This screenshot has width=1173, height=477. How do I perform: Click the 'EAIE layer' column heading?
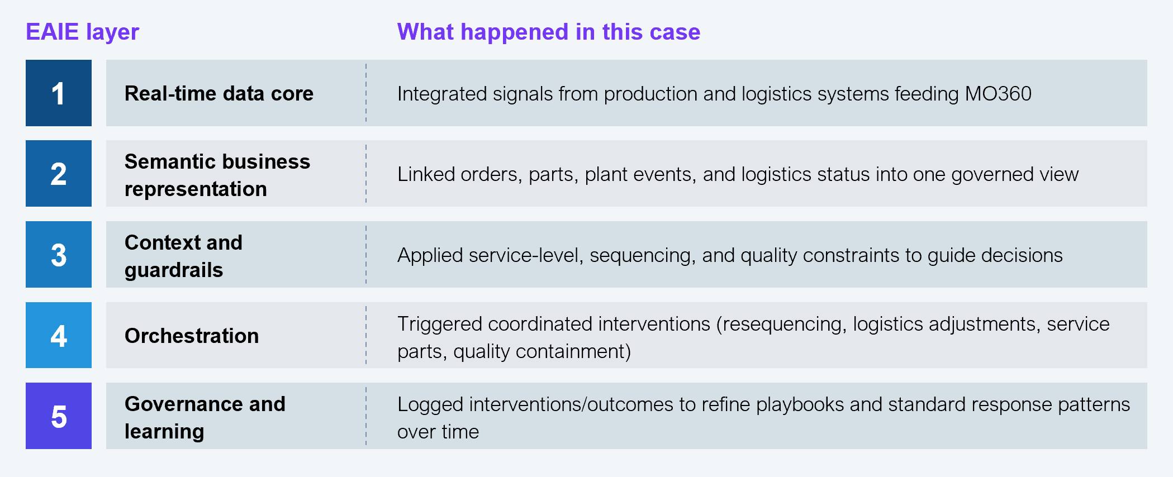coord(82,32)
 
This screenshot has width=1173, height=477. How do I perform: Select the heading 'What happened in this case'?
coord(548,32)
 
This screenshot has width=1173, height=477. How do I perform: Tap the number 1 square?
coord(59,93)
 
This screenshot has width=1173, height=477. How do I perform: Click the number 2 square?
coord(59,174)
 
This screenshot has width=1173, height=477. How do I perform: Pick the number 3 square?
coord(59,255)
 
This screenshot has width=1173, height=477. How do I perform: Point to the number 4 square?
coord(59,335)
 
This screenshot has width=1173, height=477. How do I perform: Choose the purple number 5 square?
coord(59,416)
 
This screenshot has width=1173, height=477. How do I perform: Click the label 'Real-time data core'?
coord(219,93)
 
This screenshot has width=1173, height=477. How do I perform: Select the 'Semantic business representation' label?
coord(217,175)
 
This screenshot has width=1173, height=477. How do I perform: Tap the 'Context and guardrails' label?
coord(183,256)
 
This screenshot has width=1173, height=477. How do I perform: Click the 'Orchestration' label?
coord(192,336)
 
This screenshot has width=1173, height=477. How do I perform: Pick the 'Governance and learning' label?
coord(205,417)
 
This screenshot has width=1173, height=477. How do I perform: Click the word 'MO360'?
coord(998,94)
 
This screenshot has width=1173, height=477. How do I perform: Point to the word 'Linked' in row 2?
coord(426,174)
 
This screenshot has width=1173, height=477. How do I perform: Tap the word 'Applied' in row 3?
coord(430,255)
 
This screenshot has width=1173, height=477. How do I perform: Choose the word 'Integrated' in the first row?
coord(439,94)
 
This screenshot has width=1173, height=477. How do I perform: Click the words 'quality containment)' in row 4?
coord(542,351)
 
